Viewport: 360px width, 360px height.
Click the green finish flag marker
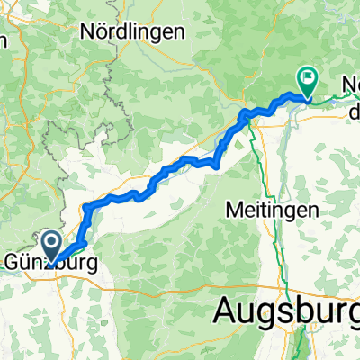(307, 84)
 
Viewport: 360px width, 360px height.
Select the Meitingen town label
(273, 208)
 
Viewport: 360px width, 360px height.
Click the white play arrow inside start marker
(49, 242)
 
